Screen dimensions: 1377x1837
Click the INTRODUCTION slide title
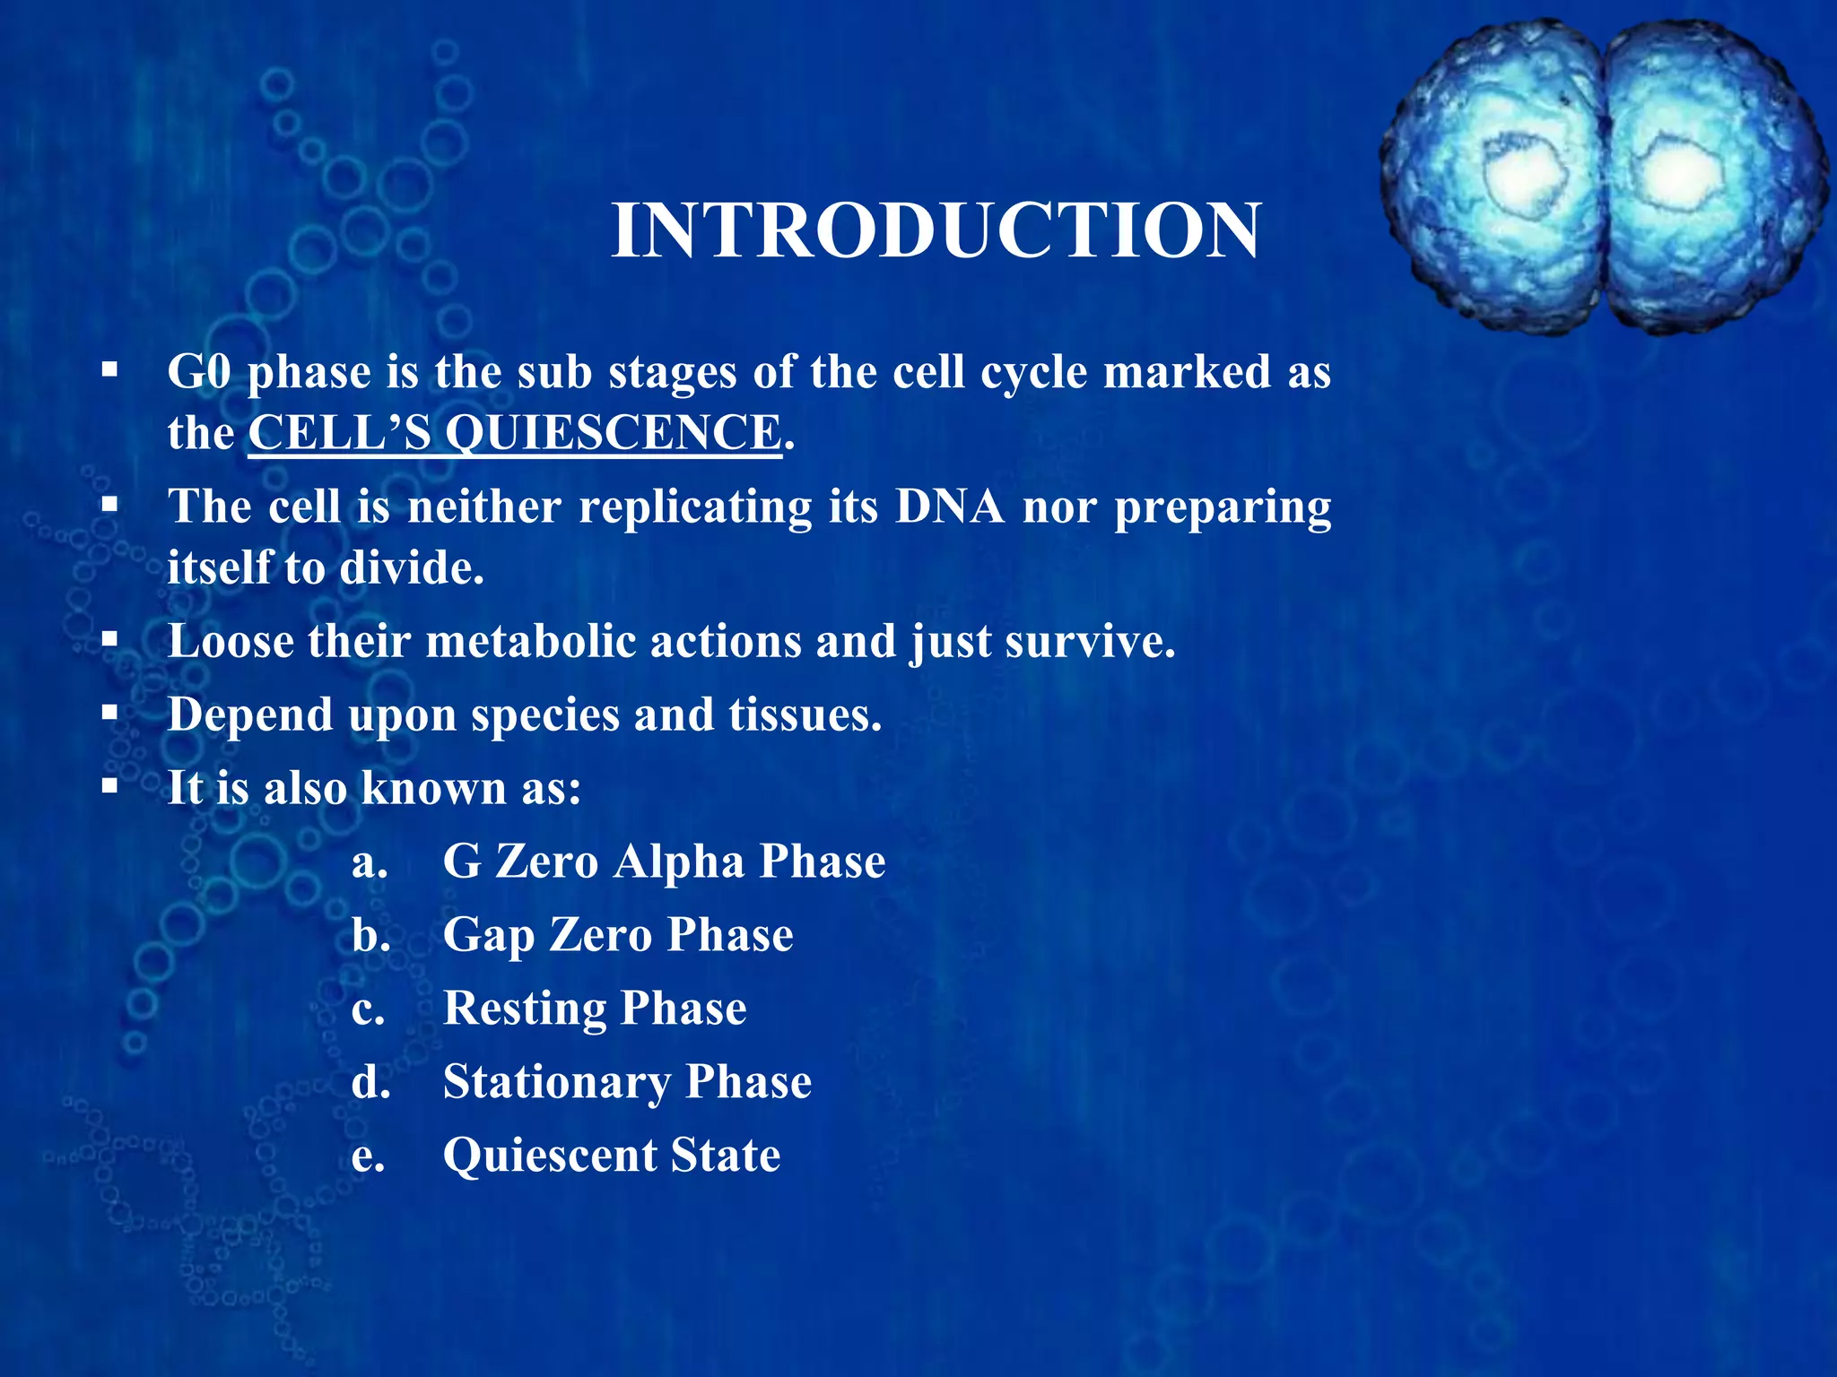click(936, 231)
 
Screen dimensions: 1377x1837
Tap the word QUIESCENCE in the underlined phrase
click(613, 433)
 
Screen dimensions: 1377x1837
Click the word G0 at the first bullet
click(199, 372)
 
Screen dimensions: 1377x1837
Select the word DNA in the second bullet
click(950, 507)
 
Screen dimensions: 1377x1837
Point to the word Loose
click(230, 642)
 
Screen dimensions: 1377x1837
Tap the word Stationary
click(556, 1083)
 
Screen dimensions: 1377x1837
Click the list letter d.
click(370, 1083)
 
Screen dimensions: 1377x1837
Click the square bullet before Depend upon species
click(109, 714)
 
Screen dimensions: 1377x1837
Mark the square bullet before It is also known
click(109, 788)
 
